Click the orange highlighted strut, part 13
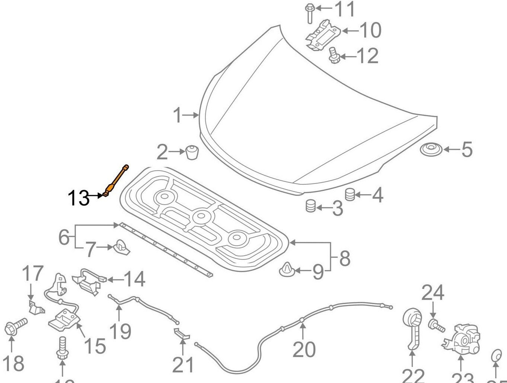pyautogui.click(x=117, y=179)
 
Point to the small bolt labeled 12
pyautogui.click(x=333, y=56)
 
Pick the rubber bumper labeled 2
pyautogui.click(x=192, y=152)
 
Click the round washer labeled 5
pyautogui.click(x=431, y=150)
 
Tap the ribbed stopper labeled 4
pyautogui.click(x=350, y=195)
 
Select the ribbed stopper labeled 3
pyautogui.click(x=310, y=205)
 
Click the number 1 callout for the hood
pyautogui.click(x=178, y=116)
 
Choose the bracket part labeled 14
pyautogui.click(x=89, y=282)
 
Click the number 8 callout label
pyautogui.click(x=344, y=258)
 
